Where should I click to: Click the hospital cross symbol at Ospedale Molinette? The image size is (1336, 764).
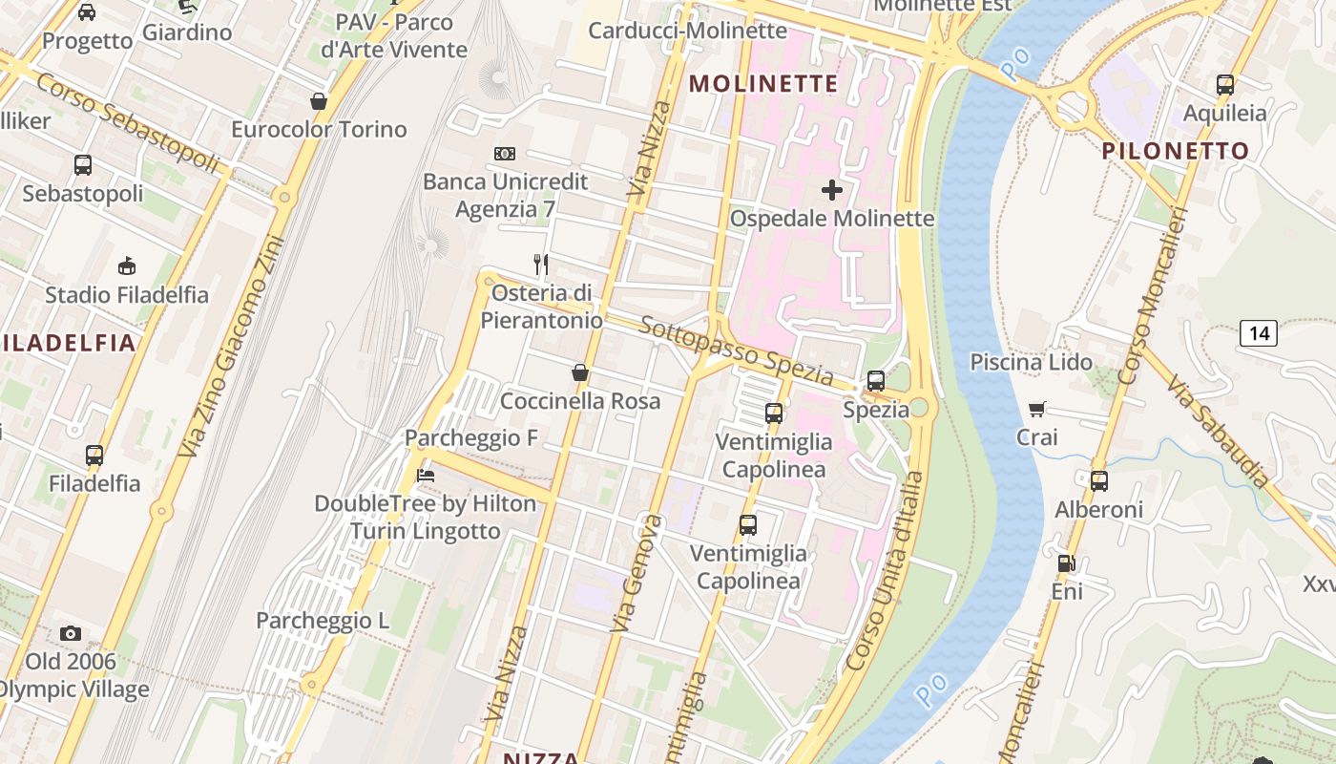tap(832, 190)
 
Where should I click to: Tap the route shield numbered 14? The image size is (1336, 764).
tap(1259, 333)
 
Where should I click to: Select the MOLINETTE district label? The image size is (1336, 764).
tap(763, 84)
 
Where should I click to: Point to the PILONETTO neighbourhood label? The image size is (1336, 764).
tap(1176, 151)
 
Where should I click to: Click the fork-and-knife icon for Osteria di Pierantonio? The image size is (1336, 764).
tap(541, 265)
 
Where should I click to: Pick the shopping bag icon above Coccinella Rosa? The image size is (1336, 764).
tap(579, 372)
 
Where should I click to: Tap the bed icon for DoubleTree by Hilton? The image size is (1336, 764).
tap(426, 475)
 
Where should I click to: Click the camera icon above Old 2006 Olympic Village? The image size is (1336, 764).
tap(70, 633)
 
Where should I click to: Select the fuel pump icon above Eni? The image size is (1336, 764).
tap(1066, 563)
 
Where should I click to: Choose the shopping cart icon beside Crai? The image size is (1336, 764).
tap(1037, 410)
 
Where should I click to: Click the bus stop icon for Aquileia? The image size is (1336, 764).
tap(1225, 85)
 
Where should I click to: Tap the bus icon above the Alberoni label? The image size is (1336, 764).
tap(1098, 481)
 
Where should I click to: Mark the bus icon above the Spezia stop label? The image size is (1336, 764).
tap(875, 381)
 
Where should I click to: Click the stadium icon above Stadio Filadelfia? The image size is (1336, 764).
tap(126, 265)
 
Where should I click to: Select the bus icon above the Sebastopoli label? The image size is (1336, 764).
tap(83, 164)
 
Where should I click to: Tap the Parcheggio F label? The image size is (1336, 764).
tap(471, 438)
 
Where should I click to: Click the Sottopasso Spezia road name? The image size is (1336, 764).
tap(736, 350)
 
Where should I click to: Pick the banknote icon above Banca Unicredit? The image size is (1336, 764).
tap(505, 153)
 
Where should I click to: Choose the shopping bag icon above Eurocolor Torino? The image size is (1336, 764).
tap(319, 101)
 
